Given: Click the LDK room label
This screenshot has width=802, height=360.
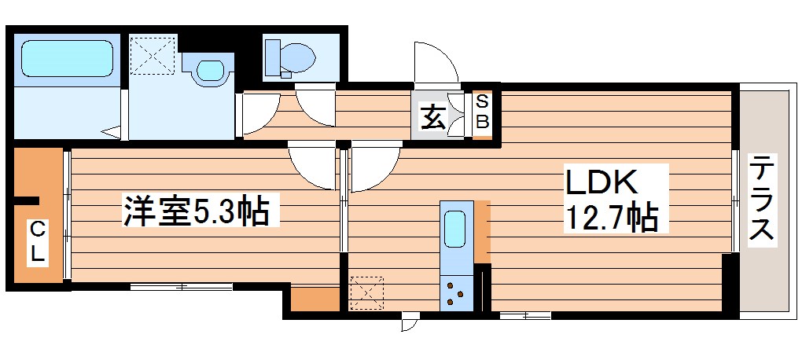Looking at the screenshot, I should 603,182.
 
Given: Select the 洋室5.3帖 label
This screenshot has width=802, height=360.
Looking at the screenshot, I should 196,212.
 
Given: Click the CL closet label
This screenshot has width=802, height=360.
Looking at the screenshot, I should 37,243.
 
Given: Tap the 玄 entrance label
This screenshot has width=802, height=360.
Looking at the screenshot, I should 432,118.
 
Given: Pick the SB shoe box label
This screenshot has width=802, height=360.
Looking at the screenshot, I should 483,112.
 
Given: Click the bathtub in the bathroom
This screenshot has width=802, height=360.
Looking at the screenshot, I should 64,58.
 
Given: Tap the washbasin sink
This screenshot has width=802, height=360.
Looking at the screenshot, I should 209,70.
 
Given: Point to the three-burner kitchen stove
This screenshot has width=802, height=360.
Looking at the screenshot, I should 456,293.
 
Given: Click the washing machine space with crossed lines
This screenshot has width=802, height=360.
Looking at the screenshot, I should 153,56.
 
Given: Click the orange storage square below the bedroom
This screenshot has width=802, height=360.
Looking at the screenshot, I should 315,299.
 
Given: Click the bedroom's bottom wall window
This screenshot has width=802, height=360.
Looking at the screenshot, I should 182,286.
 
